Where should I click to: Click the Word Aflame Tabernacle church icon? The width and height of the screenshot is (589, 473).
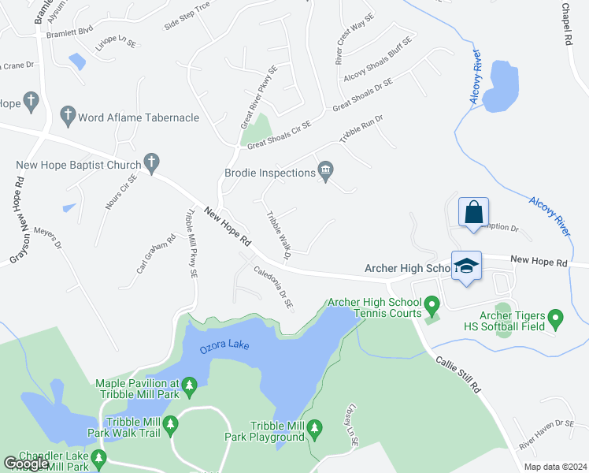(67, 117)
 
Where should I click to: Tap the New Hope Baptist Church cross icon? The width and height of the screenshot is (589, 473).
(152, 164)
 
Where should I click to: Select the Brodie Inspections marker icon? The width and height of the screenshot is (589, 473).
(325, 170)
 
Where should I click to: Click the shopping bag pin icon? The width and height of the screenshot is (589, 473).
(473, 213)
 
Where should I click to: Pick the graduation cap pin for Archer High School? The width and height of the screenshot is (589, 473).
(466, 266)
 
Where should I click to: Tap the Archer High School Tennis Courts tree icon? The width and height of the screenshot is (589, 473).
(432, 304)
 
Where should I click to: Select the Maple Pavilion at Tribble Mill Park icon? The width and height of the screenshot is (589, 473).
(189, 385)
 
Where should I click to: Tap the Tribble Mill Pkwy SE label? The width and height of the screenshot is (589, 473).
(190, 244)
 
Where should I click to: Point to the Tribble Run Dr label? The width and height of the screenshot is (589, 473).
(360, 128)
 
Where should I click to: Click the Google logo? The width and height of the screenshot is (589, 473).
(26, 464)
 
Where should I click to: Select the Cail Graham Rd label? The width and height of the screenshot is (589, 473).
(154, 253)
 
